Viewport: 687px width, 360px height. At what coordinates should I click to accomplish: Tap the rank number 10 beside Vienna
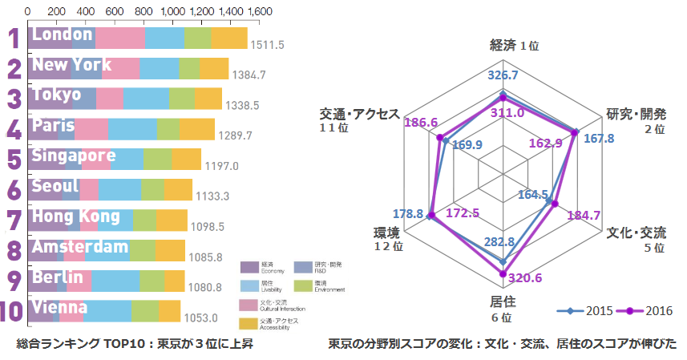pyautogui.click(x=14, y=312)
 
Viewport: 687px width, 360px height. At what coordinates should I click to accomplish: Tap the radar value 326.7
pyautogui.click(x=503, y=75)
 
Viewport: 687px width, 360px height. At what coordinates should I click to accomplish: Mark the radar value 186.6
pyautogui.click(x=422, y=123)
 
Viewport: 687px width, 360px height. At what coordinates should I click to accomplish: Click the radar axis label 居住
pyautogui.click(x=503, y=302)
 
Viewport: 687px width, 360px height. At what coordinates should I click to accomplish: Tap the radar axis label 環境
pyautogui.click(x=386, y=233)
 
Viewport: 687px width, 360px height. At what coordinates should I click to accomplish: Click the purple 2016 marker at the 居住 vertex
pyautogui.click(x=503, y=274)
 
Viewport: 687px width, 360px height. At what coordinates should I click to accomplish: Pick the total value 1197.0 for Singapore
pyautogui.click(x=222, y=166)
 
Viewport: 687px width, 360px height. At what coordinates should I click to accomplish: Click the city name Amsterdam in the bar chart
pyautogui.click(x=79, y=246)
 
